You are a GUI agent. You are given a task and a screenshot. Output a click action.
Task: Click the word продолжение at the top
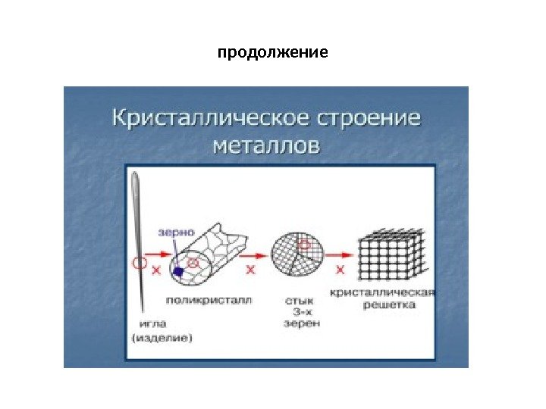click(x=273, y=54)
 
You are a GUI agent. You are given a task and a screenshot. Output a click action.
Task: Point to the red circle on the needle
click(x=139, y=264)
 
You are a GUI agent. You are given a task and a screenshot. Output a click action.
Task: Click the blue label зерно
click(x=176, y=233)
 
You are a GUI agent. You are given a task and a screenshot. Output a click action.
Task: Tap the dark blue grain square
click(x=178, y=270)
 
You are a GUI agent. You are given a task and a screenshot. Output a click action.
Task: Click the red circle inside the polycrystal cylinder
click(x=193, y=263)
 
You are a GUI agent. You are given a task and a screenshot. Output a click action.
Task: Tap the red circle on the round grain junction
click(x=304, y=244)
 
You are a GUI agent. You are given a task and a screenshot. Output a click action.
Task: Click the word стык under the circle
click(x=301, y=300)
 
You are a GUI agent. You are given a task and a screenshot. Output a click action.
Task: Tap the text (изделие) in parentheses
click(x=162, y=338)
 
